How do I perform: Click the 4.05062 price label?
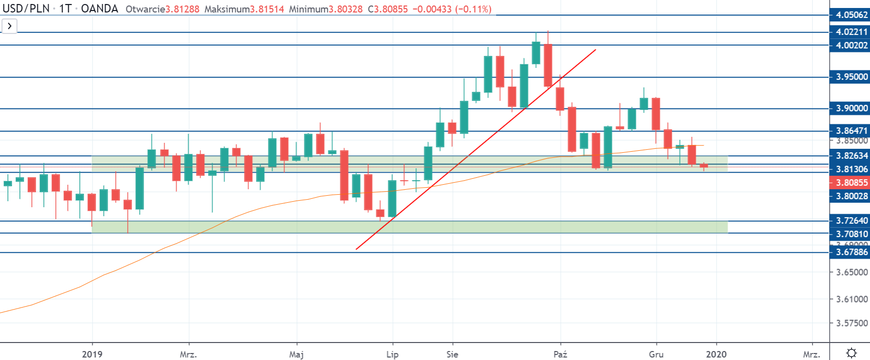tap(852, 15)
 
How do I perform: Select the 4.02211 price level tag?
tap(852, 32)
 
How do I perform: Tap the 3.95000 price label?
tap(852, 77)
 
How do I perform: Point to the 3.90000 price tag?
tap(852, 108)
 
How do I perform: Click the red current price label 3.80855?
tap(852, 183)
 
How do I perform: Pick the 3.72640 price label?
tap(852, 221)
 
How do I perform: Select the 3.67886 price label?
tap(852, 252)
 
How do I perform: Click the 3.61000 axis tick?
tap(852, 299)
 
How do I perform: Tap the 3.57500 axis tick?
tap(852, 323)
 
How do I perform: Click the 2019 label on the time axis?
tap(92, 354)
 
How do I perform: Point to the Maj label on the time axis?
tap(296, 354)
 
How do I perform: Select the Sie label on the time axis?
tap(452, 354)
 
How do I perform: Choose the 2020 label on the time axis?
tap(716, 354)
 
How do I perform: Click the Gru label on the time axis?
tap(656, 354)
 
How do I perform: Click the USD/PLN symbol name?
tap(26, 9)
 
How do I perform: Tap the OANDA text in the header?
tap(99, 9)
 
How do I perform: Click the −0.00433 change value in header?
tap(432, 9)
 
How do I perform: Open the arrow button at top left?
tap(9, 26)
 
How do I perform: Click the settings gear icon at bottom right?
tap(852, 353)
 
